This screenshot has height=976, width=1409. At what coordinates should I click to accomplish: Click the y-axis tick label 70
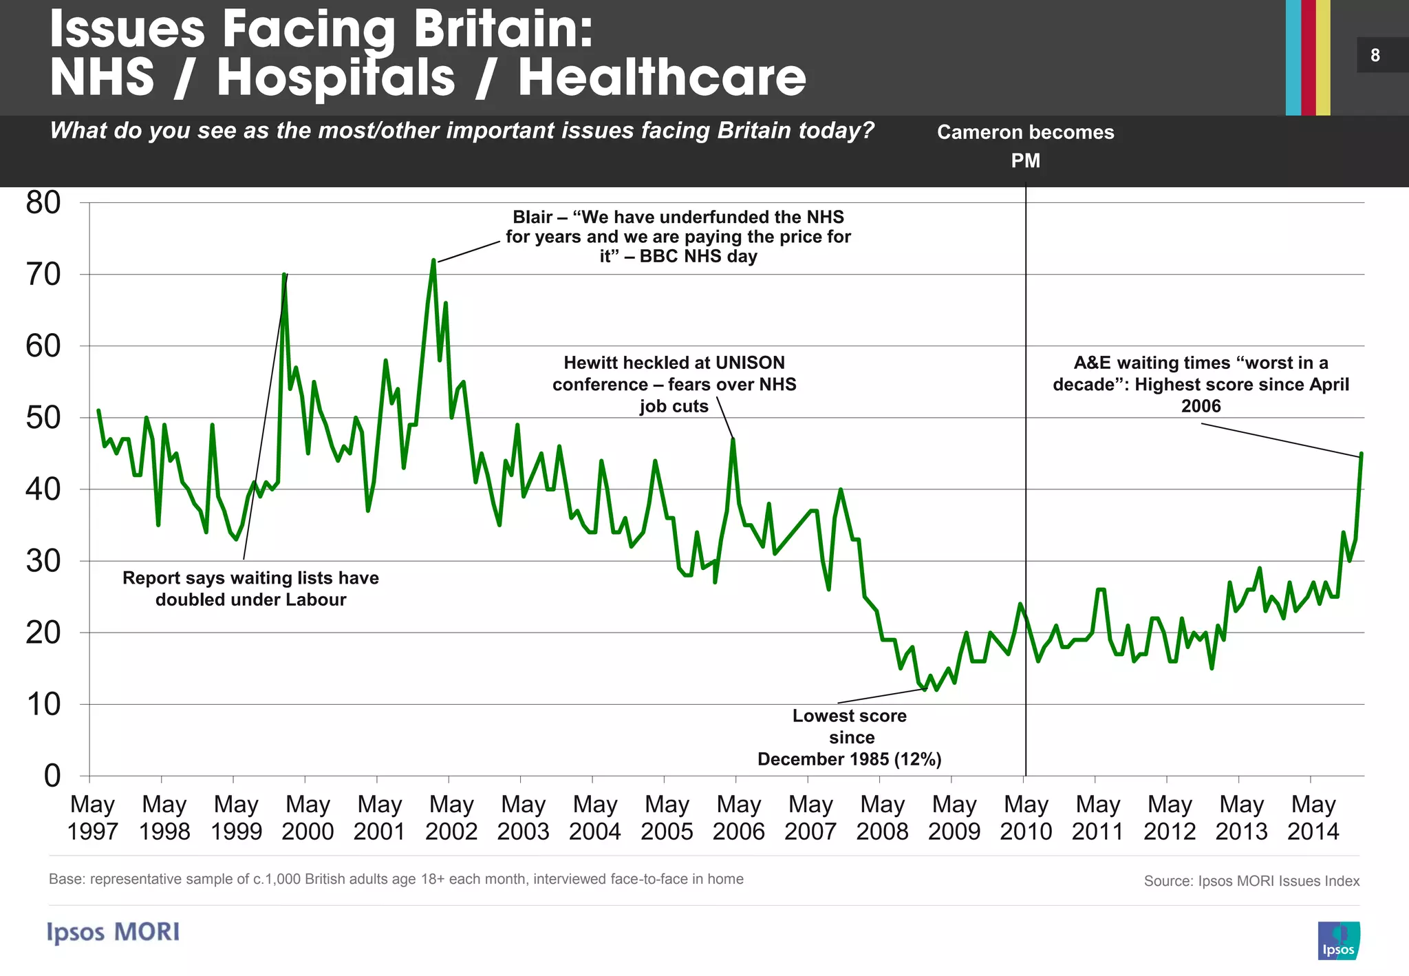(43, 275)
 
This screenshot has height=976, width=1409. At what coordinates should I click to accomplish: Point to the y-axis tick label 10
(43, 704)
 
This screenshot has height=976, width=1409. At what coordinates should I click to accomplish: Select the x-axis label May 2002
(451, 817)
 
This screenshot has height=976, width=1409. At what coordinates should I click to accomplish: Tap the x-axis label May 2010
(1026, 817)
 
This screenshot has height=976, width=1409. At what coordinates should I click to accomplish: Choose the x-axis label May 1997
(93, 817)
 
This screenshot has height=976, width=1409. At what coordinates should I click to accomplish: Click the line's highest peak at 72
(433, 260)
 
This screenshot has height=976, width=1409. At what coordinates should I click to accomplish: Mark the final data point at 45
(1362, 454)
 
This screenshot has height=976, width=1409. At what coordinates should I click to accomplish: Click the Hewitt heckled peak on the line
(733, 439)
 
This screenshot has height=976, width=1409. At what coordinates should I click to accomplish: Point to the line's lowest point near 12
(925, 689)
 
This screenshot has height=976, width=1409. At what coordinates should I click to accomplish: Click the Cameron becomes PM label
(1025, 145)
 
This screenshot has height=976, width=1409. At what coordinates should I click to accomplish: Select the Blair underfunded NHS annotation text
(678, 237)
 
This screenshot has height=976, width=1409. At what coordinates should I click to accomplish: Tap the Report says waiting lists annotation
(250, 588)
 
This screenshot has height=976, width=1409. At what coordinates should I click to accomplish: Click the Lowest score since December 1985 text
(850, 737)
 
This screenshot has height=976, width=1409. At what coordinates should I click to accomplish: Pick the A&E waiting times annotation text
(1201, 384)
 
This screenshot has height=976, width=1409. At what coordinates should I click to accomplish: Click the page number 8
(1375, 55)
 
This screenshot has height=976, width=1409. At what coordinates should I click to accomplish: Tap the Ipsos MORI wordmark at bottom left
(114, 932)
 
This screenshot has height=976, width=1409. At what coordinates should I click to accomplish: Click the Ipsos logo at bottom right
(1338, 940)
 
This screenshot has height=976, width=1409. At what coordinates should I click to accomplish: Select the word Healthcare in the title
(662, 77)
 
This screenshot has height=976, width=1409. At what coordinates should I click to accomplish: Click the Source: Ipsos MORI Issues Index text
(1251, 881)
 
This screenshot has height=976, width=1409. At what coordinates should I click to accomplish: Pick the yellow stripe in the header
(1323, 58)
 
